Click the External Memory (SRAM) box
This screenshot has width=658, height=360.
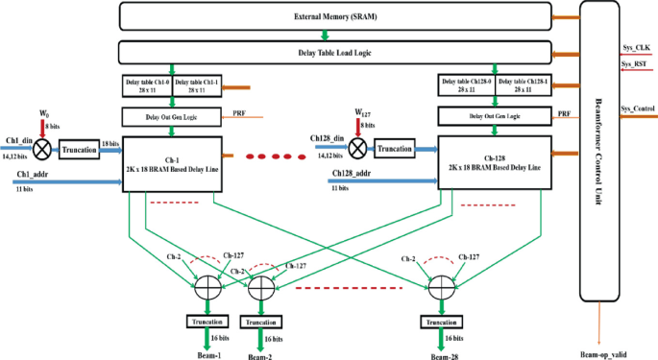pyautogui.click(x=336, y=16)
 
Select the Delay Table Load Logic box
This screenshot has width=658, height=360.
pyautogui.click(x=336, y=51)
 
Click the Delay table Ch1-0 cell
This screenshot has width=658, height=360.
pyautogui.click(x=147, y=85)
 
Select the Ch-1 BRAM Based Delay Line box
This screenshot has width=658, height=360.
pyautogui.click(x=173, y=162)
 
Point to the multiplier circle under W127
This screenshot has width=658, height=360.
pyautogui.click(x=358, y=148)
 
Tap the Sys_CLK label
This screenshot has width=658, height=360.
pyautogui.click(x=636, y=45)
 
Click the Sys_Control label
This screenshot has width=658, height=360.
pyautogui.click(x=638, y=108)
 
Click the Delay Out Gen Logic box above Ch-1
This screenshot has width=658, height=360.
pyautogui.click(x=173, y=116)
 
